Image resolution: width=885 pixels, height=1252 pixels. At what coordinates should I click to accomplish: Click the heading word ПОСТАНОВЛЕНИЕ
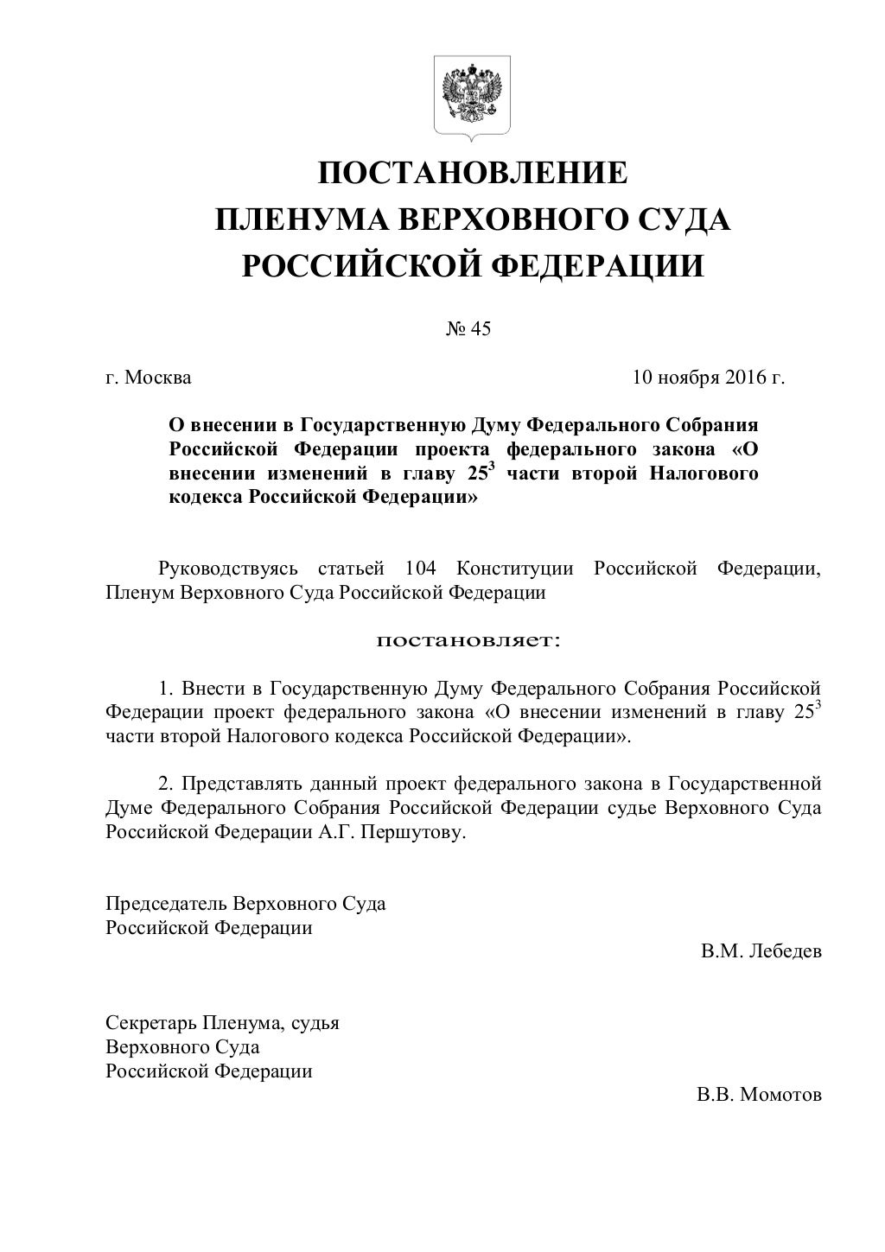pyautogui.click(x=473, y=174)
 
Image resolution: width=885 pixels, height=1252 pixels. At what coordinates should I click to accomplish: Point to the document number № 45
pyautogui.click(x=468, y=329)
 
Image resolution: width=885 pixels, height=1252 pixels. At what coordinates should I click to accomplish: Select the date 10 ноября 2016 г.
pyautogui.click(x=708, y=378)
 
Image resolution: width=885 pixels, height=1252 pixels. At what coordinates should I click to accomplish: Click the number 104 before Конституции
pyautogui.click(x=421, y=569)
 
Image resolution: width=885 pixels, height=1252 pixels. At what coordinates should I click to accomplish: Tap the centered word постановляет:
pyautogui.click(x=468, y=641)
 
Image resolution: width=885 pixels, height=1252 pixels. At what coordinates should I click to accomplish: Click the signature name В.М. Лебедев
pyautogui.click(x=761, y=951)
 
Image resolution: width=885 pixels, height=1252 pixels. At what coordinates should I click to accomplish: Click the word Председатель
pyautogui.click(x=165, y=904)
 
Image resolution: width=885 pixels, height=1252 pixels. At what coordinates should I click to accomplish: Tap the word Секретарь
pyautogui.click(x=150, y=1023)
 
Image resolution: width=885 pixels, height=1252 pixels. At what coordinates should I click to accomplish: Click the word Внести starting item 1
pyautogui.click(x=211, y=689)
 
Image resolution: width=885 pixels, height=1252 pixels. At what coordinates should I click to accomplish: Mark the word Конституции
pyautogui.click(x=515, y=569)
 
